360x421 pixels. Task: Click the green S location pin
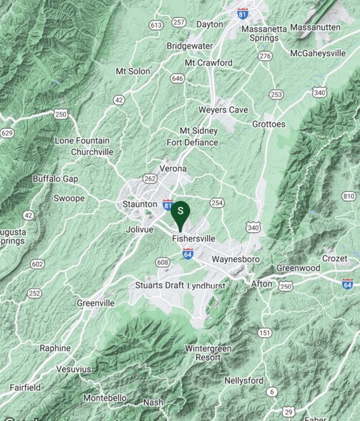(x=182, y=212)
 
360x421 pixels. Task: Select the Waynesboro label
(x=219, y=258)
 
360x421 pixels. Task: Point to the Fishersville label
(x=194, y=238)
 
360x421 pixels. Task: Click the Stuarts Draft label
(x=159, y=285)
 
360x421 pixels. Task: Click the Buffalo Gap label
(x=55, y=178)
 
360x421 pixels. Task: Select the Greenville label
(x=95, y=303)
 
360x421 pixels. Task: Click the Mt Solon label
(x=133, y=72)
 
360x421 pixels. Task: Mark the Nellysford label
(x=243, y=380)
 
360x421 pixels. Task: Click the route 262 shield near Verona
(x=150, y=179)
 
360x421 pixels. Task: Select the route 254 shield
(x=217, y=203)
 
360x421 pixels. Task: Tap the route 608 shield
(x=163, y=263)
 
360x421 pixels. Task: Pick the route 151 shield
(x=265, y=332)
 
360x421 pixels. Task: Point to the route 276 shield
(x=266, y=55)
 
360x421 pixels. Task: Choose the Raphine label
(x=55, y=348)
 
